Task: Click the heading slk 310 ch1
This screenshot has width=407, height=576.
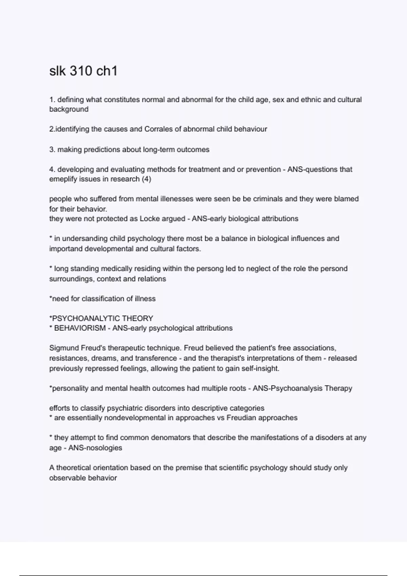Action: click(x=83, y=71)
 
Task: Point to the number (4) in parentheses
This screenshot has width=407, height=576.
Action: click(x=146, y=179)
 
